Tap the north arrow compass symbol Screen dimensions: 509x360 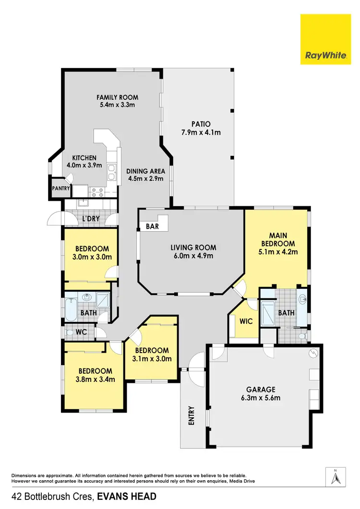(336, 478)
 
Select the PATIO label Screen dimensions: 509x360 (201, 124)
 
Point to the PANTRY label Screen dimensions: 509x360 (61, 189)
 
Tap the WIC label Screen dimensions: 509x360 (246, 321)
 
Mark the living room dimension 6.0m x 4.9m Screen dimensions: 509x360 (193, 256)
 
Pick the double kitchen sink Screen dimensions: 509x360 (111, 172)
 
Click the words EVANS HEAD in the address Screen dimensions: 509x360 (127, 497)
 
